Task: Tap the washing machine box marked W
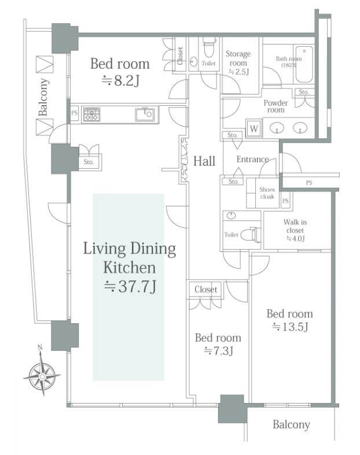[x=254, y=128]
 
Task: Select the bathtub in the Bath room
[x=304, y=64]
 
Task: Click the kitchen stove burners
[x=91, y=114]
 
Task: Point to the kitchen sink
[x=145, y=114]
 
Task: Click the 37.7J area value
[x=130, y=287]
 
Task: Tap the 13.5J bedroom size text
[x=290, y=327]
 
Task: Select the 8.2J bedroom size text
[x=121, y=80]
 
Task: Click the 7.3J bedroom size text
[x=219, y=351]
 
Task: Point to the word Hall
[x=204, y=161]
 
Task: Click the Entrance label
[x=252, y=159]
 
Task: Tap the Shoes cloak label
[x=267, y=193]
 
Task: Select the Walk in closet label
[x=295, y=230]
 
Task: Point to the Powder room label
[x=275, y=106]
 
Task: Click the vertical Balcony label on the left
[x=43, y=97]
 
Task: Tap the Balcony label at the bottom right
[x=292, y=425]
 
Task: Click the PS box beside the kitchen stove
[x=75, y=113]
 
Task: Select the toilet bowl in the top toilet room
[x=208, y=50]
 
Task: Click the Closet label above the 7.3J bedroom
[x=206, y=289]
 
